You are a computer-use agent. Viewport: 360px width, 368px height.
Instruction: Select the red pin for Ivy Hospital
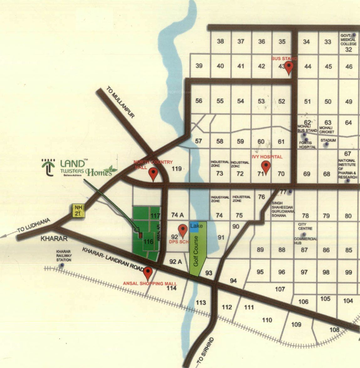pos(266,167)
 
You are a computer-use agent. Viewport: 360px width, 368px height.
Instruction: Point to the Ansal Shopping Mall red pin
pos(148,273)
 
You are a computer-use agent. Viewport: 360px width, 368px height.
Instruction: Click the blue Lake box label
pos(196,226)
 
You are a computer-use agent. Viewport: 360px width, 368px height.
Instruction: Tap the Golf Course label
pos(196,251)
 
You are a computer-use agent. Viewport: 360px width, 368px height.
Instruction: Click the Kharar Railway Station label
pos(64,256)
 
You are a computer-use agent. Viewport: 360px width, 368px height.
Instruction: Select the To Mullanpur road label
pos(120,102)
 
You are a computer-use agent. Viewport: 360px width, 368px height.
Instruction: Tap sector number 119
pos(177,169)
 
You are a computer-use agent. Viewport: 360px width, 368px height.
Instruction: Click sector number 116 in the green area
pos(148,242)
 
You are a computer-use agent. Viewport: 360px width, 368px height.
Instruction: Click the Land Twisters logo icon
pos(48,167)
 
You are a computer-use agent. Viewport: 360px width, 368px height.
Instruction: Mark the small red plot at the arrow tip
pos(140,235)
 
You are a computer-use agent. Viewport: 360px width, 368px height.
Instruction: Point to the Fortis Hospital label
pos(307,145)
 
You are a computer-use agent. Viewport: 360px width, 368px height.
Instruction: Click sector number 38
pos(220,41)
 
